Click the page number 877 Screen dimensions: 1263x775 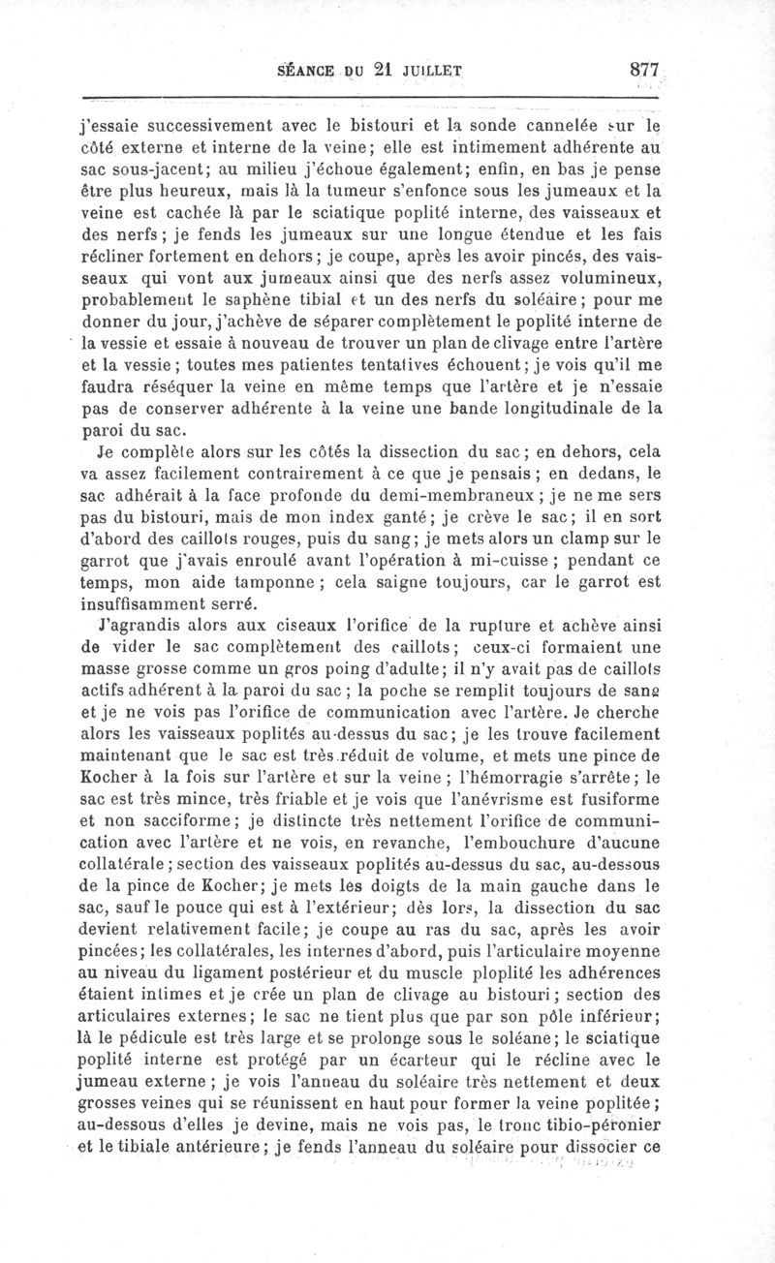tap(643, 69)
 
